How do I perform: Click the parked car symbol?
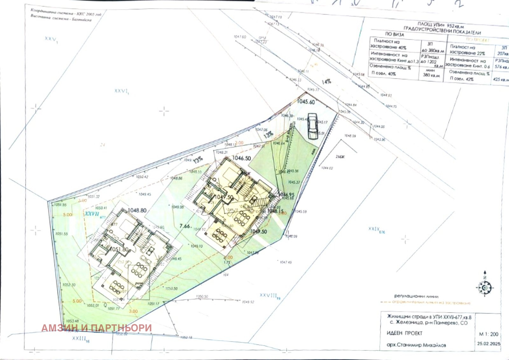[313, 126]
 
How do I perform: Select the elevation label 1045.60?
[306, 102]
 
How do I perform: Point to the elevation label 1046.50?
[241, 158]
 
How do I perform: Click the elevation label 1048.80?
[137, 210]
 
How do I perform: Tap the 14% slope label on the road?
[326, 81]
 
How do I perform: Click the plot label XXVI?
[122, 91]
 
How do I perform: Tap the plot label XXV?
[51, 39]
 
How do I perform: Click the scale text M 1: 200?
[489, 334]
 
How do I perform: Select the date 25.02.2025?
[489, 344]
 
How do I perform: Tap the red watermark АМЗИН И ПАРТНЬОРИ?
[96, 328]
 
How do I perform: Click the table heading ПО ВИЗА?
[394, 34]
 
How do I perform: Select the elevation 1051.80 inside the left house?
[119, 250]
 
